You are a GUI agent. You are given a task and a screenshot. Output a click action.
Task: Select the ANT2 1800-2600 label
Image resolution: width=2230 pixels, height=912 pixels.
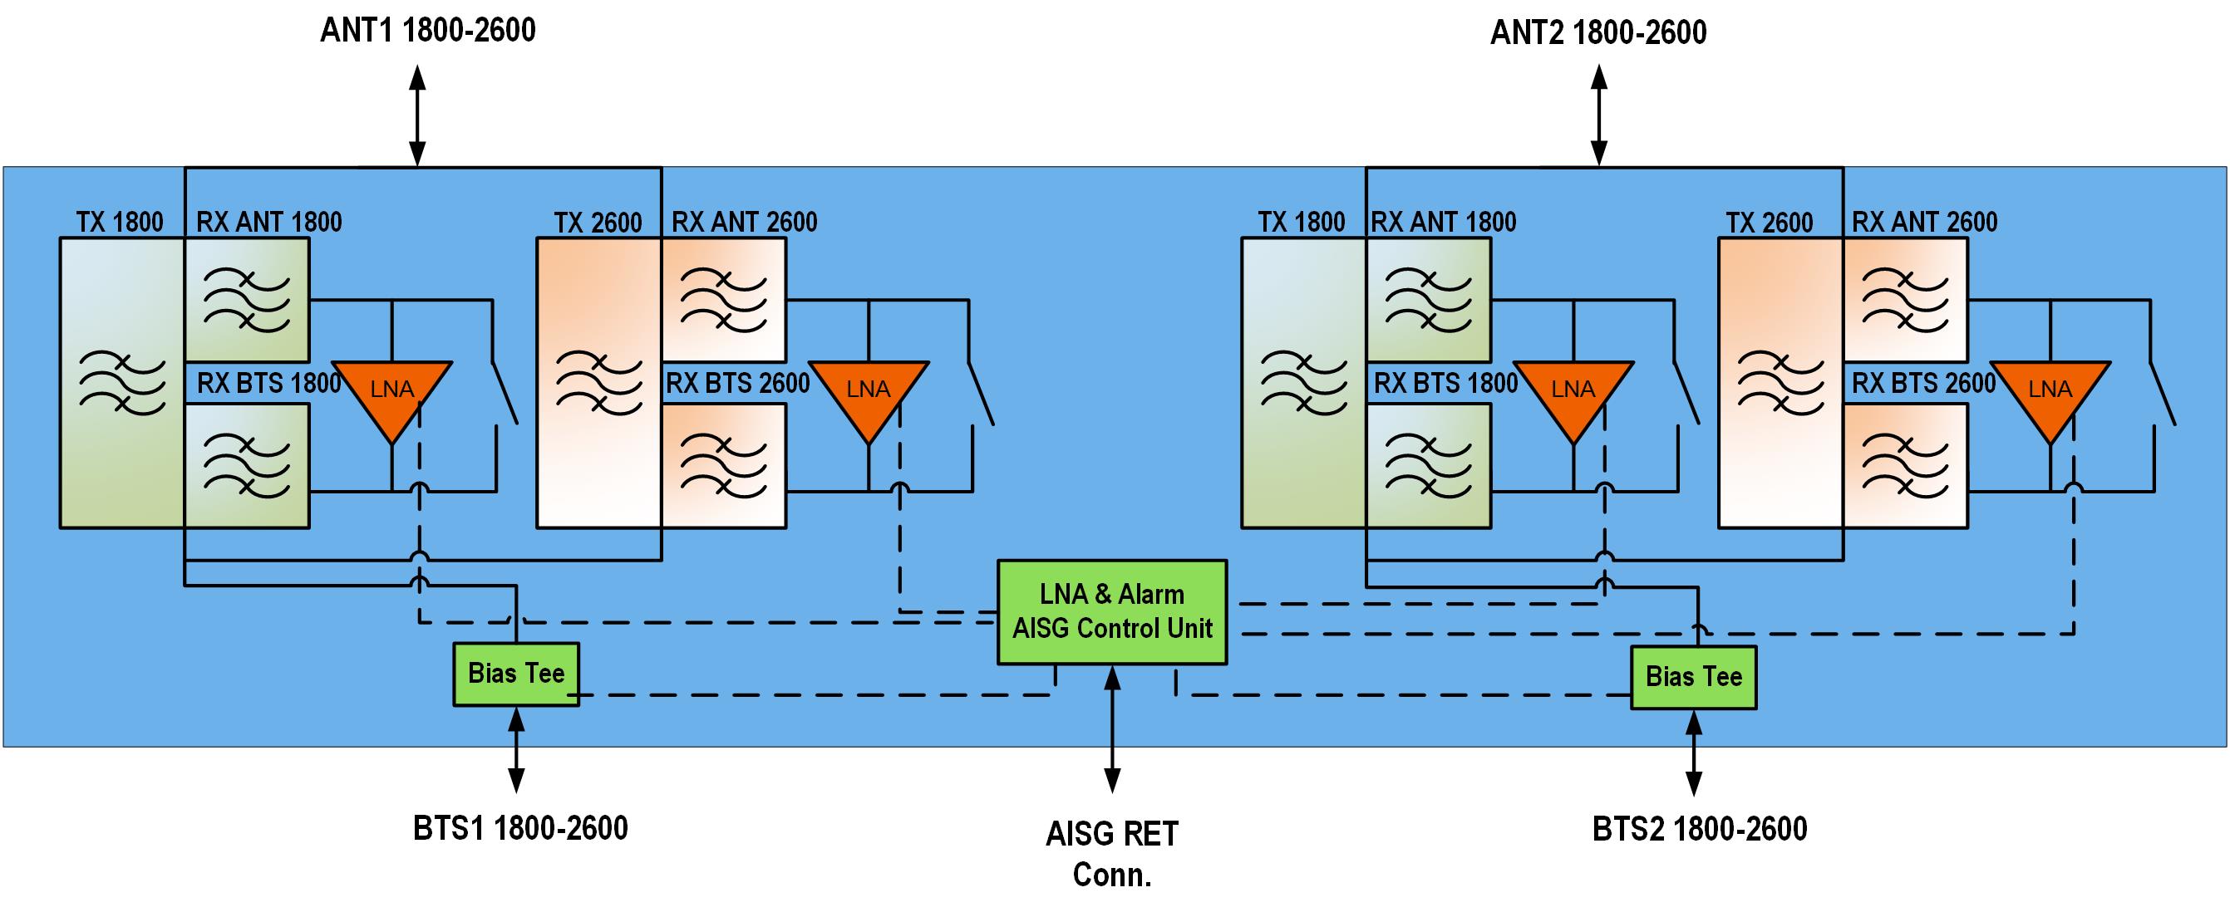1598,33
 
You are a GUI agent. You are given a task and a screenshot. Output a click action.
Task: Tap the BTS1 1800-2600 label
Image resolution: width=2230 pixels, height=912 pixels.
520,828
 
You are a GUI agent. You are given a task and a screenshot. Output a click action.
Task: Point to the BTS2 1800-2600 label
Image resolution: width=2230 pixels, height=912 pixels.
1700,829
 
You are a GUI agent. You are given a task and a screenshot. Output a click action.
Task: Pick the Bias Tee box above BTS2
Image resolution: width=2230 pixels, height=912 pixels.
1693,678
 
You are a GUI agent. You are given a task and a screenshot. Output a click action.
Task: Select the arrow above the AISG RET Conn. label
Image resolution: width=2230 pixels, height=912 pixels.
1112,728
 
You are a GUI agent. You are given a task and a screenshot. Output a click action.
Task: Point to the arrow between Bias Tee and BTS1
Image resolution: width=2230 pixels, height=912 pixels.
516,749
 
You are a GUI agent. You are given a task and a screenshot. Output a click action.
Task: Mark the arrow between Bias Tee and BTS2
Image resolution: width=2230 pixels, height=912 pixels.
1694,752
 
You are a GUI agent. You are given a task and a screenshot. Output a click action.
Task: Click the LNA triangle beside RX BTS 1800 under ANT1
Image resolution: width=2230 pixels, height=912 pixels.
392,395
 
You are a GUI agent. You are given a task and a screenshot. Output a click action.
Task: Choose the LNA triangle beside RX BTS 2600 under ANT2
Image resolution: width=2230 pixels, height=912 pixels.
2049,395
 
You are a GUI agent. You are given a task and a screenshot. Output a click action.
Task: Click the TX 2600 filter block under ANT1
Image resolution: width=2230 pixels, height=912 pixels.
599,382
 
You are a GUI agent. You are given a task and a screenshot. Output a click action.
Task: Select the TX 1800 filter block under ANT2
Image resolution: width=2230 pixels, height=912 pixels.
1303,382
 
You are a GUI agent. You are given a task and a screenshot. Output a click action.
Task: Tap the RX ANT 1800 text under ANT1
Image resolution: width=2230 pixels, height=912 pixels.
269,223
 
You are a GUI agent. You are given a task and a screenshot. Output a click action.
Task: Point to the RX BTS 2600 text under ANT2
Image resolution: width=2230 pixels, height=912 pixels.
1923,383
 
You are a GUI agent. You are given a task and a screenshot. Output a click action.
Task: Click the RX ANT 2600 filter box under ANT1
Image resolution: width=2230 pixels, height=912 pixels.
724,300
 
